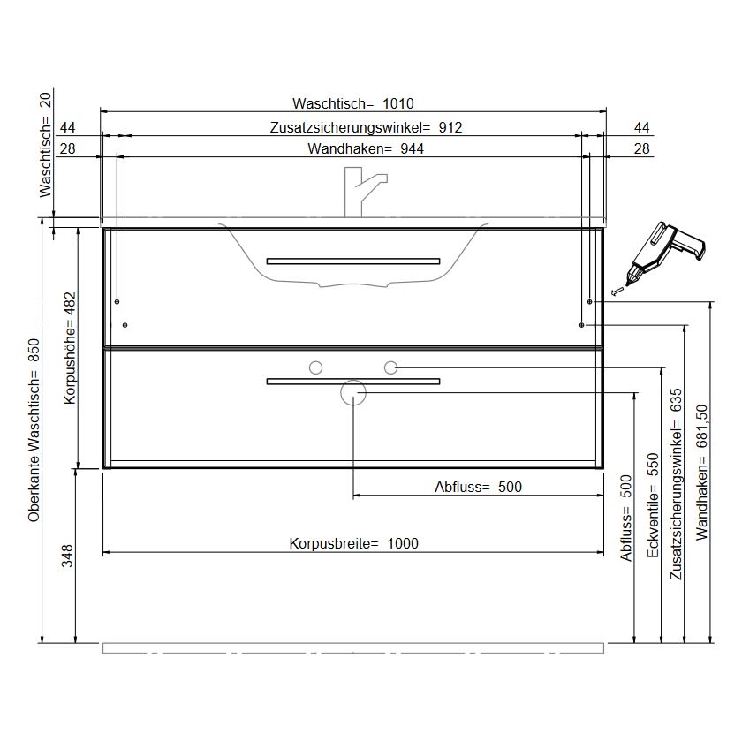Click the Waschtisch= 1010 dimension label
[353, 103]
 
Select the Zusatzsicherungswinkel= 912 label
[366, 127]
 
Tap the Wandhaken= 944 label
[366, 148]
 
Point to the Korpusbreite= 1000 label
[353, 543]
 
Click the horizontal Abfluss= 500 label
[478, 487]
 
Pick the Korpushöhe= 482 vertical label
[70, 348]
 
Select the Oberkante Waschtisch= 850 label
[34, 430]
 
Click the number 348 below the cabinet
[67, 556]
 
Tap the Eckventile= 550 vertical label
[653, 505]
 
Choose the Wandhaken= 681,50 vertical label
[701, 472]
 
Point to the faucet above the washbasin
[365, 192]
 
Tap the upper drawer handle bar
[353, 261]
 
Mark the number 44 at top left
[67, 127]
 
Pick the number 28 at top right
[641, 148]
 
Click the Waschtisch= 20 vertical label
[45, 145]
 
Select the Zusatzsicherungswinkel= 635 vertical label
[677, 484]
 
